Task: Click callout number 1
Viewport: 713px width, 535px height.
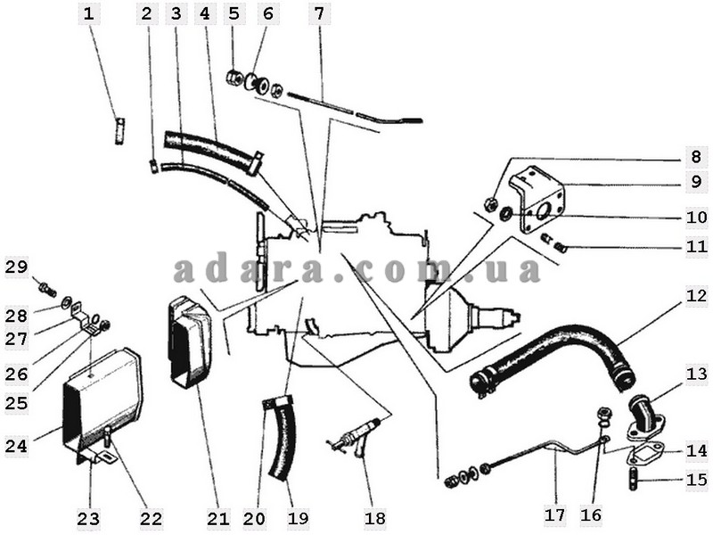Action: coord(89,13)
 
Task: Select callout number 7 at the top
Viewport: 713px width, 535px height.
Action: coord(320,13)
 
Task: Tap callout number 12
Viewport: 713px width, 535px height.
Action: coord(696,296)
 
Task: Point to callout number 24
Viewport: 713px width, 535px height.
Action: coord(16,446)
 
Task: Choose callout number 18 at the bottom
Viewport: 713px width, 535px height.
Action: coord(375,518)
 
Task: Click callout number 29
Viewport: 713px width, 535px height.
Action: coord(16,267)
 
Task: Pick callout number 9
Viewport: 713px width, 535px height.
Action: coord(696,182)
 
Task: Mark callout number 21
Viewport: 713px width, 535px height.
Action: coord(218,518)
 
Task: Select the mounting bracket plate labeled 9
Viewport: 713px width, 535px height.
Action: coord(544,200)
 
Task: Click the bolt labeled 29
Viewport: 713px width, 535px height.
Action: coord(47,289)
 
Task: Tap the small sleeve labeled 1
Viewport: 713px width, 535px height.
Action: coord(119,131)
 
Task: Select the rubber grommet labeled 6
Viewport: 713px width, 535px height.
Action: coord(256,83)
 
